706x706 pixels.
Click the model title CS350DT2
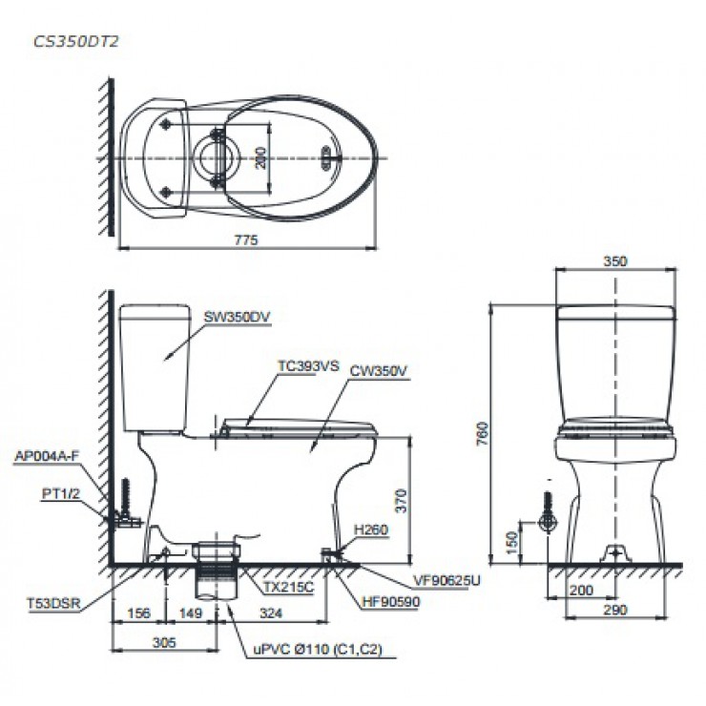(75, 41)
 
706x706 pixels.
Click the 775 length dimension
(246, 240)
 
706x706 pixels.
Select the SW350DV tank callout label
(237, 317)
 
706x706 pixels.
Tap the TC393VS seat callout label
(308, 365)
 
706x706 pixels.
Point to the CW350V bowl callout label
(378, 370)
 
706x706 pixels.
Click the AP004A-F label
(47, 456)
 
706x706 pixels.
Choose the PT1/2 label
(60, 493)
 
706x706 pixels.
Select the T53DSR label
(53, 603)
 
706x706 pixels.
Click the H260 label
(370, 529)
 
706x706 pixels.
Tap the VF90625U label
(446, 580)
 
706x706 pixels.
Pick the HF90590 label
(390, 602)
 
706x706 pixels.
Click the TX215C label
(288, 587)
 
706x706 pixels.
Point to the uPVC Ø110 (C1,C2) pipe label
(318, 650)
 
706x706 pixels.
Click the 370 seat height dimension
(401, 501)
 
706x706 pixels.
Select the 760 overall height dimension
(482, 433)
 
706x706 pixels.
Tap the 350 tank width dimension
(615, 260)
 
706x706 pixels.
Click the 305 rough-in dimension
(164, 642)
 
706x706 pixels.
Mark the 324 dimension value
(271, 613)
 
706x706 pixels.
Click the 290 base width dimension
(615, 610)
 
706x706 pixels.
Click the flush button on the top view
(327, 158)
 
